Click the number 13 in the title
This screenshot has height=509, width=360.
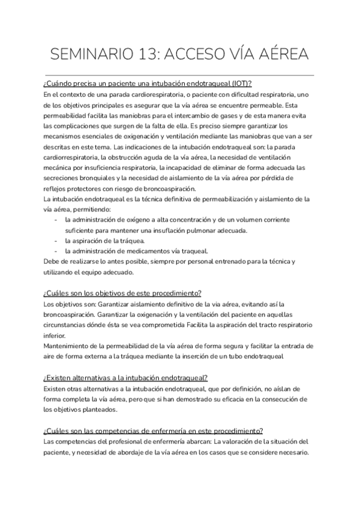145,55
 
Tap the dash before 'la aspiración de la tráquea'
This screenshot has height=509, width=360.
55,241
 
